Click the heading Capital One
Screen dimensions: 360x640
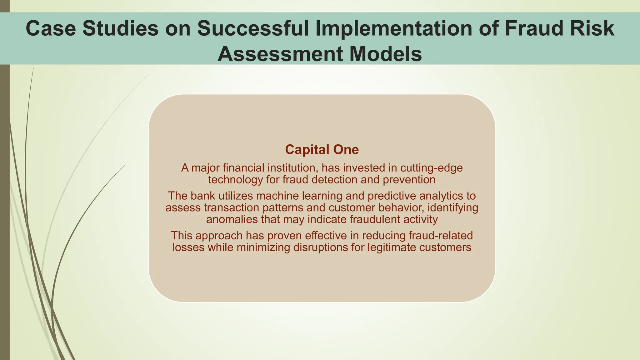(322, 150)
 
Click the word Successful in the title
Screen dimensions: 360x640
(253, 28)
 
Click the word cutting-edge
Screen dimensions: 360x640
(431, 168)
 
